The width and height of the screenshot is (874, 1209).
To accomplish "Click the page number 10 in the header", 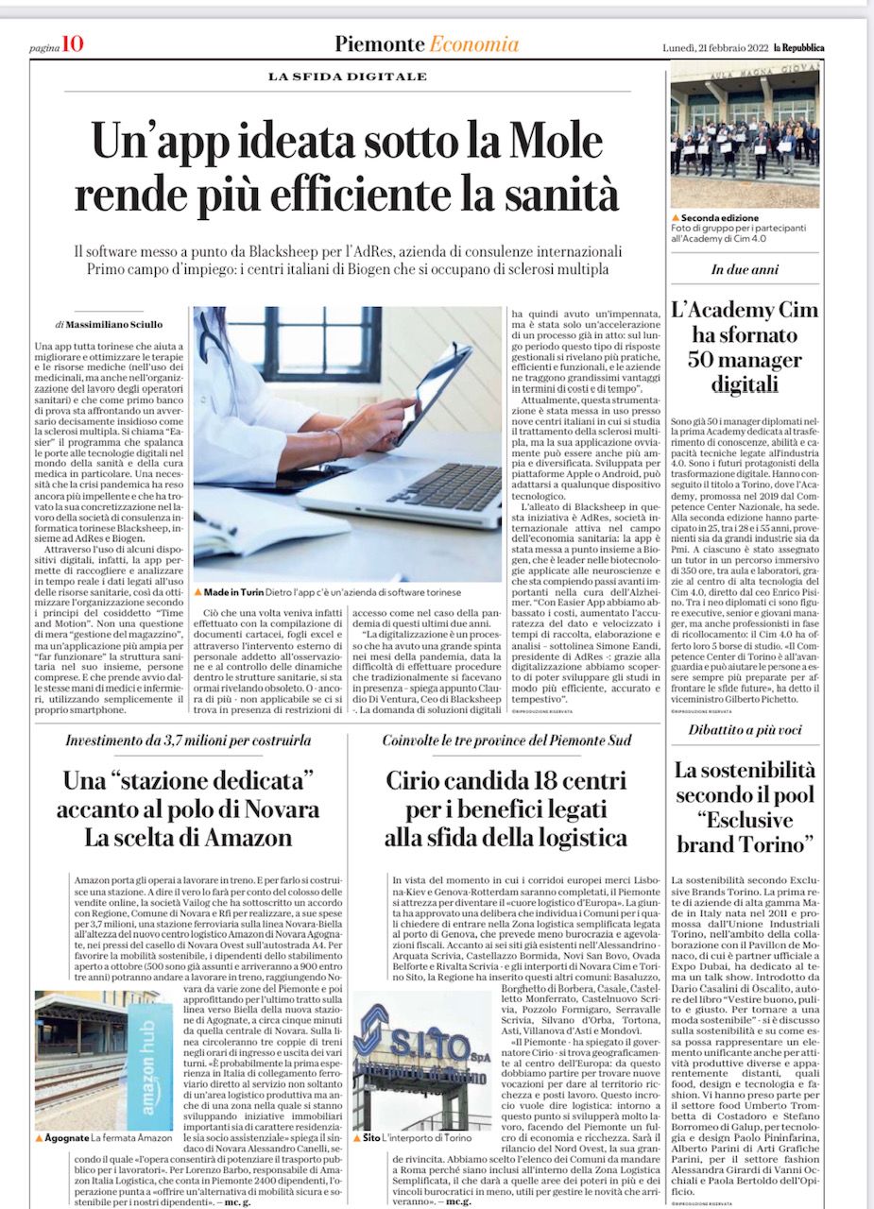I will (x=73, y=44).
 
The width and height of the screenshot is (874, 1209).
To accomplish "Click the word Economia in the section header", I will (x=473, y=44).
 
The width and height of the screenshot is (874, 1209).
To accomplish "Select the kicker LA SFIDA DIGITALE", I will (x=348, y=77).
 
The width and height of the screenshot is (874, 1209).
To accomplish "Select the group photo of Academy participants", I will (x=745, y=134).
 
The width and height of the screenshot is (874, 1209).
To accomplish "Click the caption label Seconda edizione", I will (x=725, y=218).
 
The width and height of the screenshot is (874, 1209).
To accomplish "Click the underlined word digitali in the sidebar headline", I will (x=745, y=383).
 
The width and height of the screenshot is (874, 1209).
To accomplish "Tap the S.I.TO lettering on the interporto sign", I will (x=426, y=1045).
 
